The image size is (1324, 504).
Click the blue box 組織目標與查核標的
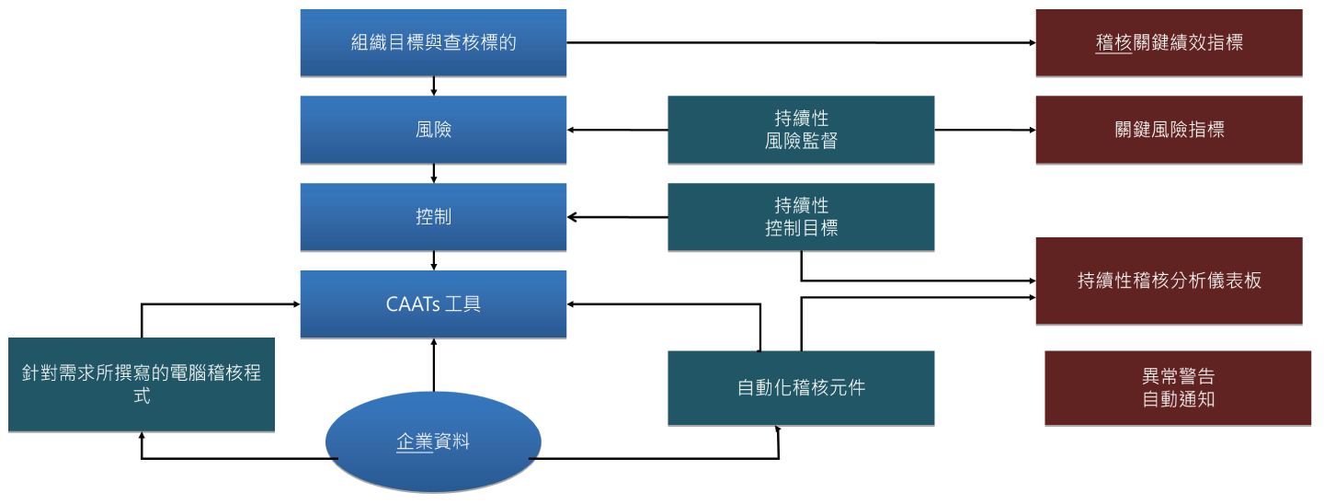coord(433,42)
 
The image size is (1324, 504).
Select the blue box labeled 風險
coord(433,130)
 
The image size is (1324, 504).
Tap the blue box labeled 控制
coord(433,217)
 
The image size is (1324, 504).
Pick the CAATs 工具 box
coord(433,304)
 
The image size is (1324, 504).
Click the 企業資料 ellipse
coord(433,442)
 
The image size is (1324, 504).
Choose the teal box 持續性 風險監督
coord(801,130)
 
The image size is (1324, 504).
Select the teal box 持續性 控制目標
coord(801,217)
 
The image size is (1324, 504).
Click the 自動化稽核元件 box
coord(801,387)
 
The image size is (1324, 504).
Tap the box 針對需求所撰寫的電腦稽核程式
coord(142,384)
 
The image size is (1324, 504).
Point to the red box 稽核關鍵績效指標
coord(1169,42)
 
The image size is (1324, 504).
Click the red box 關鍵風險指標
coord(1169,130)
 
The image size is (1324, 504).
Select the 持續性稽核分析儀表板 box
coord(1169,281)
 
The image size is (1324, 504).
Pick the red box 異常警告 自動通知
coord(1178,387)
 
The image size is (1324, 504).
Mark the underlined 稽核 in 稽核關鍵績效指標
coord(1113,42)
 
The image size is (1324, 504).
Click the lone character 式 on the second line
coord(142,396)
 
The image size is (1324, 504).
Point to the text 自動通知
coord(1178,399)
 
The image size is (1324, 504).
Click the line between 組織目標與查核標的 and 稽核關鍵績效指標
coord(800,42)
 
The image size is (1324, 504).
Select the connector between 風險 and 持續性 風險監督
coord(617,131)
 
